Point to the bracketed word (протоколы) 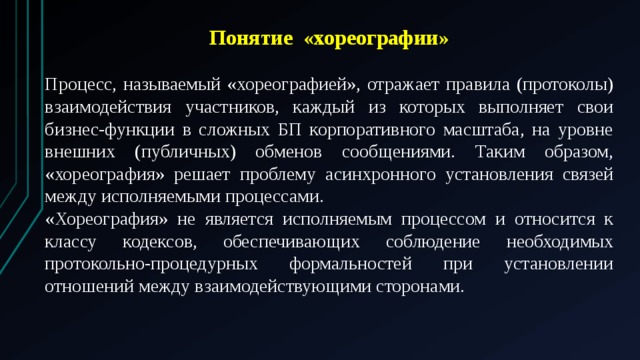(x=557, y=85)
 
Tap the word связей (x=583, y=175)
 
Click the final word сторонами (x=422, y=287)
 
